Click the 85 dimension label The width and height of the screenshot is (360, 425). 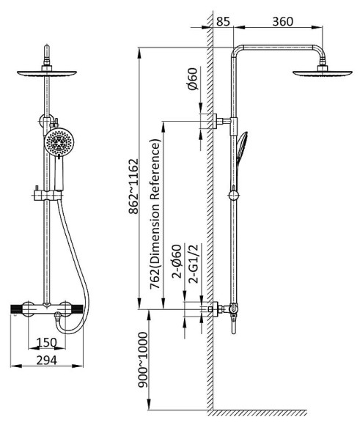(223, 21)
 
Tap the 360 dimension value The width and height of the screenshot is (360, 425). (283, 21)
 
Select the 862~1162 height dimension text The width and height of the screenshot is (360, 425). (133, 186)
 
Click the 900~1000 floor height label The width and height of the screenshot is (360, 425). (143, 359)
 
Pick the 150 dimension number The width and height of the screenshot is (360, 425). (47, 342)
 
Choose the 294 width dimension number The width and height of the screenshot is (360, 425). (47, 361)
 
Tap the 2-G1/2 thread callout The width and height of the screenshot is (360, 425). (194, 264)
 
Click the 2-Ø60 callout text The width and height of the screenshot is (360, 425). (177, 262)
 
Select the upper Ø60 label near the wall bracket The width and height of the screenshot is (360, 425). (192, 78)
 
